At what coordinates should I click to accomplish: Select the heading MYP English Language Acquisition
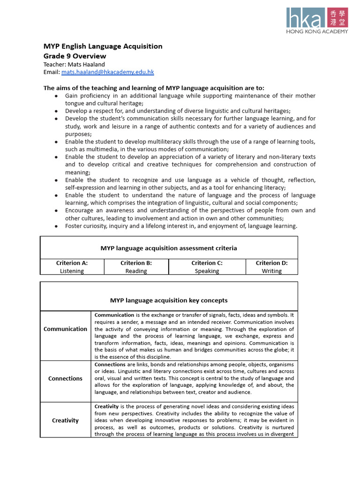[x=103, y=46]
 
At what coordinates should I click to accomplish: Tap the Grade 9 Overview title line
[x=75, y=56]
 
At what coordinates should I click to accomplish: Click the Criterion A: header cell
[x=72, y=263]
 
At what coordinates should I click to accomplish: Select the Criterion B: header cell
[x=136, y=263]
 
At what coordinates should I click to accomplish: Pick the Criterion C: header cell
[x=207, y=263]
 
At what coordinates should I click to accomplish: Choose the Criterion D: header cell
[x=271, y=263]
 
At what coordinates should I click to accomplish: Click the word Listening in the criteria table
[x=72, y=271]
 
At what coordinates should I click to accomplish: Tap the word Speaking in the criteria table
[x=207, y=271]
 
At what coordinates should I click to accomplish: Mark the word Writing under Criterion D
[x=271, y=271]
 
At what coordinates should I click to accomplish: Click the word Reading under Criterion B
[x=136, y=271]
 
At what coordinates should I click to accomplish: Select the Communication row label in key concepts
[x=65, y=329]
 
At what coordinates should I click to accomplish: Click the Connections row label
[x=65, y=378]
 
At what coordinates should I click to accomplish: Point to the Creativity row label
[x=65, y=420]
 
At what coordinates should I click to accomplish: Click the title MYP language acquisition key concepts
[x=169, y=300]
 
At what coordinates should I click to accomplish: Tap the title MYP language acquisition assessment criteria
[x=169, y=248]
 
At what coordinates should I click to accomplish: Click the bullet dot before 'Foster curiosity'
[x=56, y=226]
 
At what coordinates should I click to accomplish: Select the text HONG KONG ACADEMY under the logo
[x=317, y=31]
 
